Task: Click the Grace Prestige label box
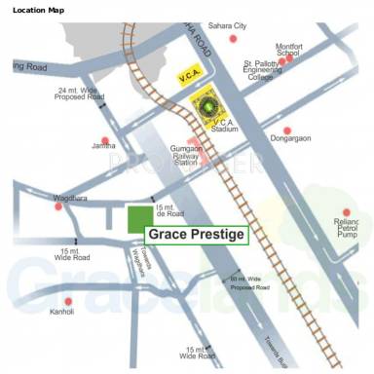[196, 235]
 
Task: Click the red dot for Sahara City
[233, 38]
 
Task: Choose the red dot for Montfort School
[288, 58]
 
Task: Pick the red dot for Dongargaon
[286, 131]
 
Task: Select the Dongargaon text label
[286, 142]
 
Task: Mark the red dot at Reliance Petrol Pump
[346, 212]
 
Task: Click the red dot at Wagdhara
[59, 206]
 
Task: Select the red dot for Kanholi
[68, 301]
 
